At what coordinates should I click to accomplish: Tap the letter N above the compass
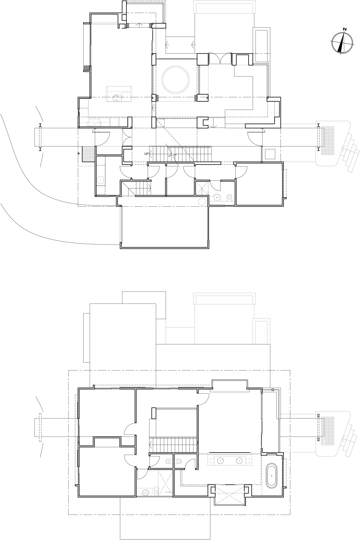point(345,29)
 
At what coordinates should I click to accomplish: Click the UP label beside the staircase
point(147,154)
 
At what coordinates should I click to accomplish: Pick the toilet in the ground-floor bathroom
point(229,197)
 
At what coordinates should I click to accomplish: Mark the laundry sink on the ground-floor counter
point(100,180)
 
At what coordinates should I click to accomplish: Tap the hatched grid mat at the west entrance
point(87,154)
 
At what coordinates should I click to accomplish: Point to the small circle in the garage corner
point(202,202)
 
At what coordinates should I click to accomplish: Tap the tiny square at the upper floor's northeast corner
point(273,390)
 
